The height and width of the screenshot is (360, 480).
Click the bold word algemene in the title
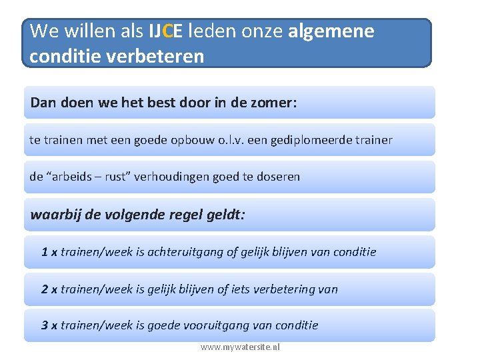tap(331, 31)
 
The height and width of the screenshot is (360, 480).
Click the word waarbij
tap(52, 215)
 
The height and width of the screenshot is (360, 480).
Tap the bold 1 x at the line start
tap(49, 252)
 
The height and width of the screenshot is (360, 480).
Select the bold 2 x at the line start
tap(49, 289)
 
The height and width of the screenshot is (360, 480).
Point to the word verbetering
tap(284, 289)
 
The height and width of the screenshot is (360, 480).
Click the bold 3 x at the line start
tap(49, 325)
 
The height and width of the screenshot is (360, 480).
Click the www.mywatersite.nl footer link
tap(240, 347)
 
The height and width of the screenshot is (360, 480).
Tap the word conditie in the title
tap(61, 56)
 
